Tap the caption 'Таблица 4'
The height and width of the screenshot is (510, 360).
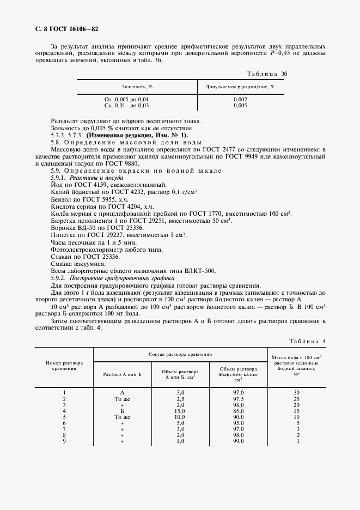click(x=307, y=341)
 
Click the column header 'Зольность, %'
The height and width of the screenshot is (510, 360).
click(x=137, y=86)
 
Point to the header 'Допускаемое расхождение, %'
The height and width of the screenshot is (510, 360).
click(x=240, y=86)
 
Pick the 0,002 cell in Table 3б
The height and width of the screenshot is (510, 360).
click(x=240, y=100)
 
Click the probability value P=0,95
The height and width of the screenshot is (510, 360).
click(x=280, y=54)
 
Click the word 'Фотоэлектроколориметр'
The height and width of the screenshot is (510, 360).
click(x=81, y=249)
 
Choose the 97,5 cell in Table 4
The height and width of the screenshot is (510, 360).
click(x=238, y=399)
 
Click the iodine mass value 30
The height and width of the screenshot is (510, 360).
click(x=297, y=393)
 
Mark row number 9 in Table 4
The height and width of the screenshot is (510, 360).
click(x=64, y=441)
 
